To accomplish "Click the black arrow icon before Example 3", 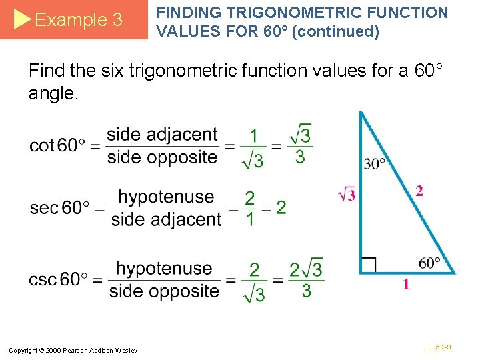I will click(x=22, y=20).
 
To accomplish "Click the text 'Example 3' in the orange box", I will click(x=78, y=20).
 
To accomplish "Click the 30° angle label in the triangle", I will click(x=375, y=163).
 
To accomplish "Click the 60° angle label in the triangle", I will click(x=429, y=263).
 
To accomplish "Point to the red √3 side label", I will click(x=347, y=195).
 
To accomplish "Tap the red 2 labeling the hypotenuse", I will click(x=419, y=191).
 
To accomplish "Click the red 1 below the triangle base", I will click(x=406, y=285).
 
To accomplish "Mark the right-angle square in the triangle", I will click(x=368, y=265).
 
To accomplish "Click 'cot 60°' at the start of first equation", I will click(x=57, y=145).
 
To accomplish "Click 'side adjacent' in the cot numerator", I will click(x=162, y=135).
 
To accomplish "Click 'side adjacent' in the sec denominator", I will click(x=166, y=219).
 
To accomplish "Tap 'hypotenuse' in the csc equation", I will click(x=164, y=268).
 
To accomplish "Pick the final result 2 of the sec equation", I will click(x=281, y=207).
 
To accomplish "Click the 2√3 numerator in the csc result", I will click(x=305, y=269).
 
